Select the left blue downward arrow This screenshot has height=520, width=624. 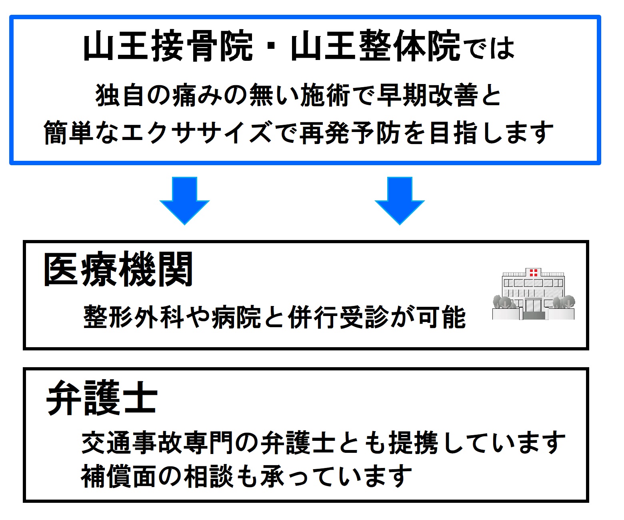point(184,200)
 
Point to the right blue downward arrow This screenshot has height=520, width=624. point(400,200)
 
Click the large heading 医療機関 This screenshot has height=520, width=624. point(118,270)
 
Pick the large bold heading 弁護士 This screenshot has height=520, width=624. point(102,398)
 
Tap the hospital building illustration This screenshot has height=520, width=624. point(534,294)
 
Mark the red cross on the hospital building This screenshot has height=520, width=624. point(533,273)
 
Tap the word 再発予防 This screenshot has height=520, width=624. point(350,133)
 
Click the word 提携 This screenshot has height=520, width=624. point(414,443)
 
